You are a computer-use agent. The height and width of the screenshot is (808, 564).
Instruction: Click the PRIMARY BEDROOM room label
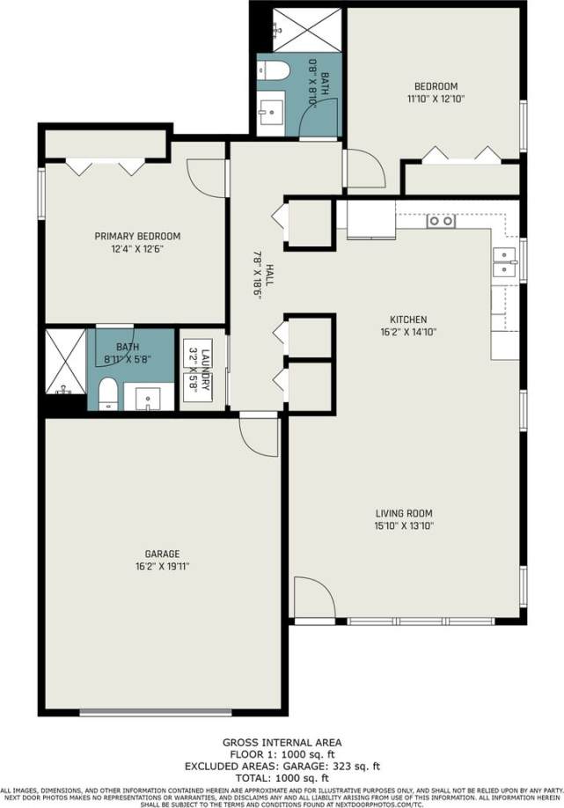coord(137,236)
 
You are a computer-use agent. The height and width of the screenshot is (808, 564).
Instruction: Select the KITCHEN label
coord(408,320)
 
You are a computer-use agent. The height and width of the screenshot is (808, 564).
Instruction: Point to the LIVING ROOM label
coord(404,513)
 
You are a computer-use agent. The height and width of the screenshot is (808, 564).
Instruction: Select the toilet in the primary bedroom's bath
coord(107,393)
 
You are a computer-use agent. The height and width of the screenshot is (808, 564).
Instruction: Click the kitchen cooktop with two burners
coord(440,221)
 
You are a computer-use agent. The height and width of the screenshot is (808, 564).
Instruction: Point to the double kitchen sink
coord(503,262)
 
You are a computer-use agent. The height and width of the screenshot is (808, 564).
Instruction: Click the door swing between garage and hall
coord(259,436)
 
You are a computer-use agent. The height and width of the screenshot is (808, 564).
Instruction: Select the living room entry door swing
coord(313,599)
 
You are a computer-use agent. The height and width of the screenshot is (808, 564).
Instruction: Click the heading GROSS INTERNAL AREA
coord(282,742)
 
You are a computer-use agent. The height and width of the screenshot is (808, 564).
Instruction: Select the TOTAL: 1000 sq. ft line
coord(282,778)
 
